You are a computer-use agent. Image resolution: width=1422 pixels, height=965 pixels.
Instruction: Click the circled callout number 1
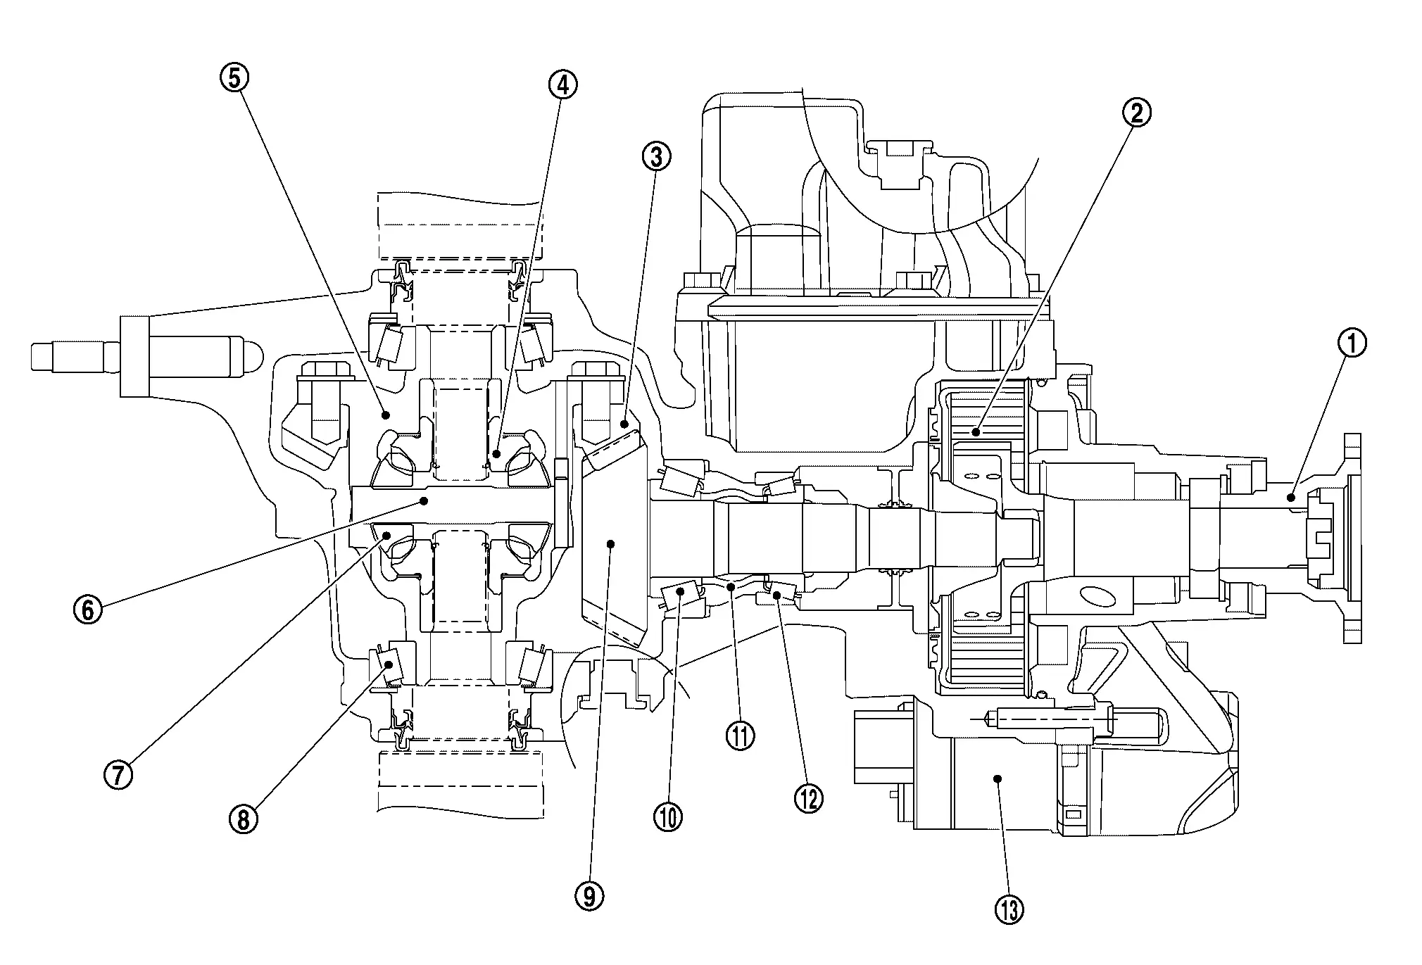click(x=1352, y=344)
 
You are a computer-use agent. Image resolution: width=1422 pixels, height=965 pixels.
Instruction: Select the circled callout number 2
click(x=1136, y=113)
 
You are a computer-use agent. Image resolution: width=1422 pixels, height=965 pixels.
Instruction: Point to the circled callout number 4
click(x=562, y=84)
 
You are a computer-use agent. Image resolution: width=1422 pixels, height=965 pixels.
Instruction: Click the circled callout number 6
click(x=87, y=609)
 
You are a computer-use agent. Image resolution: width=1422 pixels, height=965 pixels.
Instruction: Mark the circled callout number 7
click(x=118, y=775)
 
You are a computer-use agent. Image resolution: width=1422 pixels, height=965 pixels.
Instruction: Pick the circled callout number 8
click(x=243, y=819)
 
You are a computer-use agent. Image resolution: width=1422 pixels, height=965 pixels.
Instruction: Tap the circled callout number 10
click(x=668, y=817)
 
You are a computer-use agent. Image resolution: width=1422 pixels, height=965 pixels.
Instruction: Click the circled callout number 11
click(x=740, y=736)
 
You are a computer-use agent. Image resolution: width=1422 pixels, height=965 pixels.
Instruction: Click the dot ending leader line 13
click(x=997, y=778)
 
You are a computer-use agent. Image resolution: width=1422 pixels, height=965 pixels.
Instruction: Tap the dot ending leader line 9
click(x=611, y=543)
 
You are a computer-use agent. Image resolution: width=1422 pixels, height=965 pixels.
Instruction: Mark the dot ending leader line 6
click(x=424, y=500)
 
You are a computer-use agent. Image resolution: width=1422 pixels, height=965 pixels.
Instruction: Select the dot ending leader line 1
click(x=1291, y=498)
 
